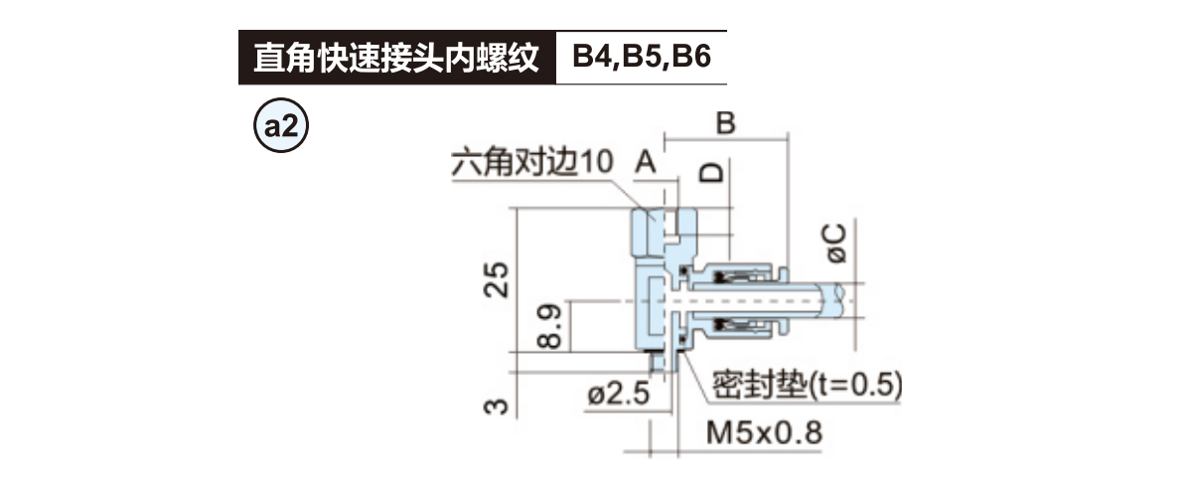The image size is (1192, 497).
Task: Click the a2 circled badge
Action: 282,127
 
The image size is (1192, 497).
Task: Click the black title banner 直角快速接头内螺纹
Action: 394,58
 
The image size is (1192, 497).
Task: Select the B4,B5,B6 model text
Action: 641,58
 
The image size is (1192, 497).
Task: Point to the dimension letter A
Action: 647,161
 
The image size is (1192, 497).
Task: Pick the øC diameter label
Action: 835,243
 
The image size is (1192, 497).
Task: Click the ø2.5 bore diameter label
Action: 618,394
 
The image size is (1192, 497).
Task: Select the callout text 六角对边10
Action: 532,163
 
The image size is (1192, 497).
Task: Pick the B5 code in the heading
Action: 644,58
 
